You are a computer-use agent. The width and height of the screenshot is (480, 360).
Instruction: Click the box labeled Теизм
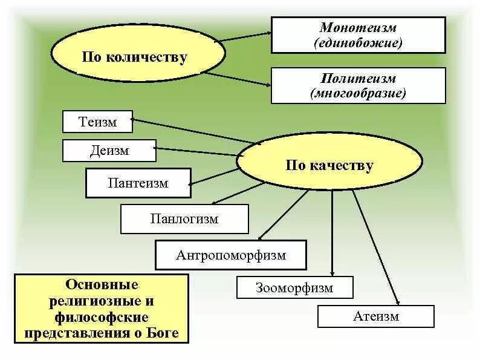click(98, 122)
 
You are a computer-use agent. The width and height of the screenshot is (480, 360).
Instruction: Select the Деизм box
click(109, 151)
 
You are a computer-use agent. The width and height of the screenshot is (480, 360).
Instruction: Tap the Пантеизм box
click(138, 183)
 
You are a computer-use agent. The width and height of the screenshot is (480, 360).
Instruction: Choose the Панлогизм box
click(184, 219)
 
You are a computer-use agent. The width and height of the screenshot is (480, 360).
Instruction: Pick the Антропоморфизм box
click(231, 255)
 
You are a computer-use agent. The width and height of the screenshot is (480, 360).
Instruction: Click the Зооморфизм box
click(294, 287)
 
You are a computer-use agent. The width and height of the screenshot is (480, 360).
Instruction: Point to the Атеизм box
click(375, 316)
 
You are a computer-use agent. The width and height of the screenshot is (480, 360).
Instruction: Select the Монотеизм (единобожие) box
click(358, 35)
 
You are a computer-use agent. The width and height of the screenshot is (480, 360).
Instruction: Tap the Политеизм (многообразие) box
click(358, 85)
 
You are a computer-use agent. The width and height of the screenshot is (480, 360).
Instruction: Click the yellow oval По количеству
click(135, 57)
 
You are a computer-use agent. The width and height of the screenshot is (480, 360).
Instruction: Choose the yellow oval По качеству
click(329, 165)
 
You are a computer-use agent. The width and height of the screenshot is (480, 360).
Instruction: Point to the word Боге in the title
click(167, 333)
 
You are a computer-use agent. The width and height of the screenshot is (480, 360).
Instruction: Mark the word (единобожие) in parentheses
click(358, 43)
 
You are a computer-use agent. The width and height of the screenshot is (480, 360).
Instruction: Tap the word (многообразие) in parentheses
click(358, 93)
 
